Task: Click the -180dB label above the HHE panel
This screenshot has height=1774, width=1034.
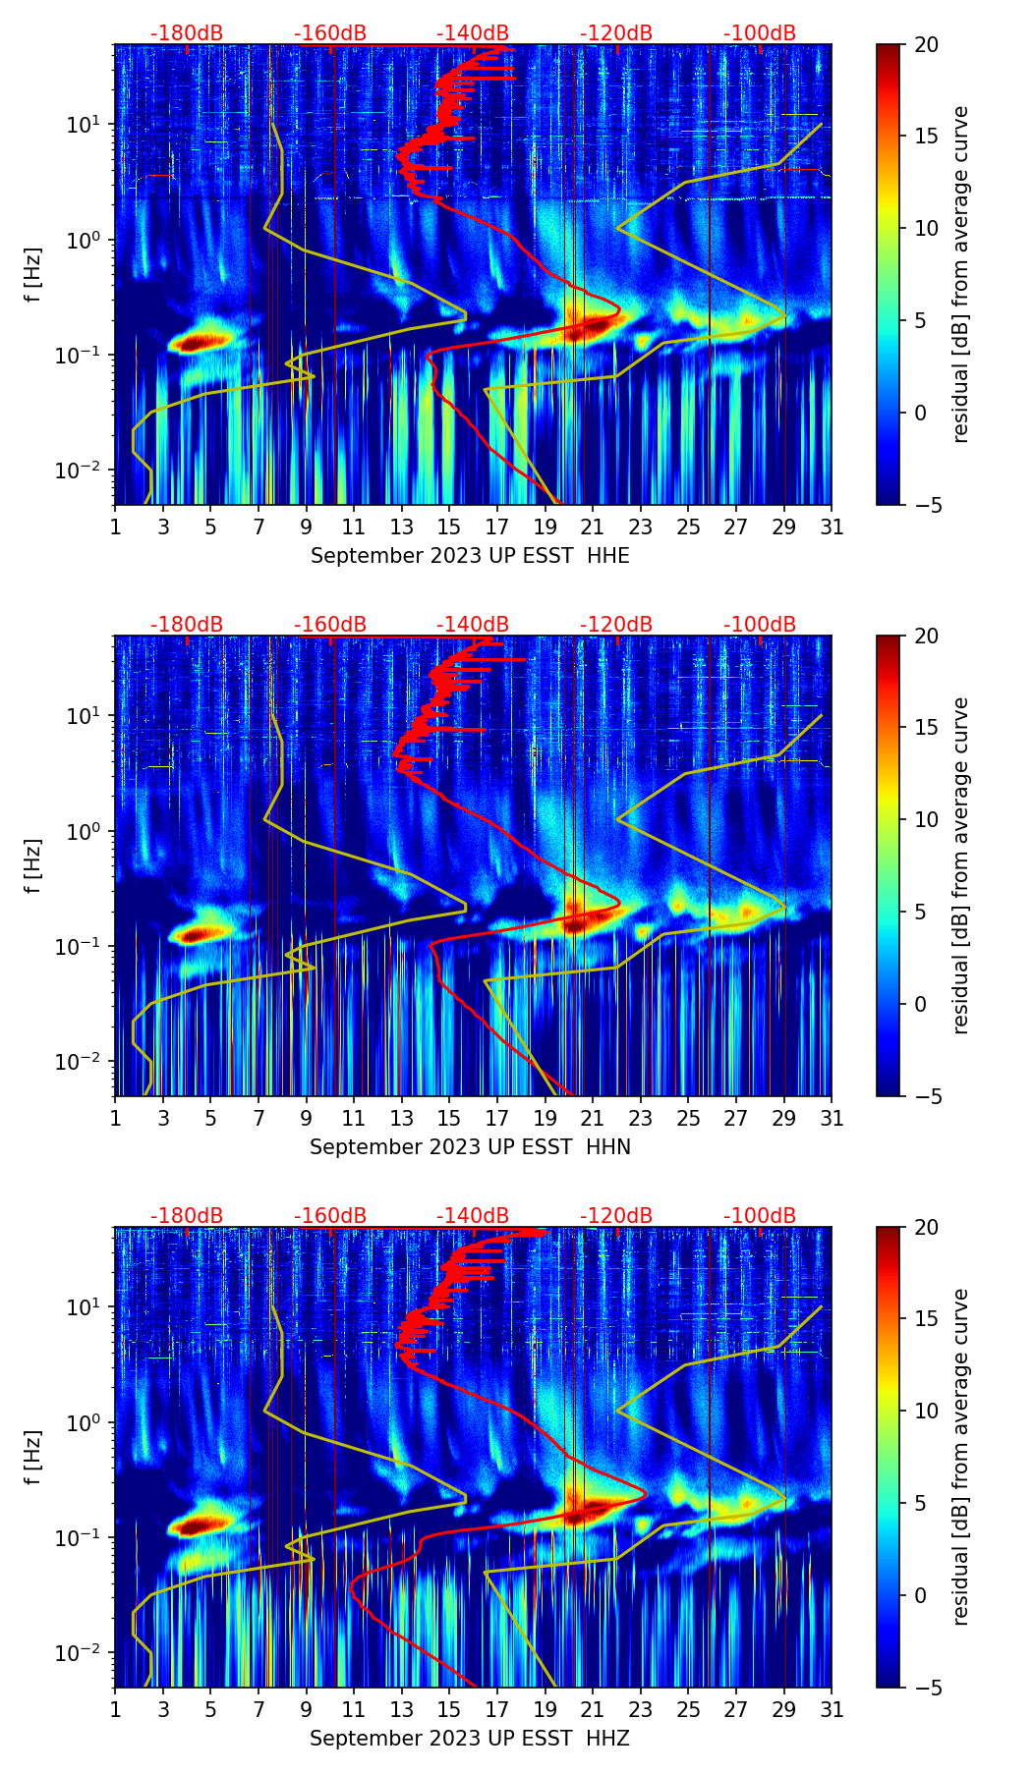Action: (187, 33)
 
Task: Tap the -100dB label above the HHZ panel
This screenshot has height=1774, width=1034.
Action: (760, 1216)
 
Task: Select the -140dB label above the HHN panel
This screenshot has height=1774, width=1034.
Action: (473, 625)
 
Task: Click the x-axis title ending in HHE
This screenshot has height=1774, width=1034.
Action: (470, 556)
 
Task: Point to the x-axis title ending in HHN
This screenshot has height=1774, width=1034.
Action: (470, 1147)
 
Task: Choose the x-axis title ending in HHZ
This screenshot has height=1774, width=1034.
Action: (470, 1739)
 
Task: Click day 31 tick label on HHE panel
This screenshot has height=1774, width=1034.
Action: (832, 527)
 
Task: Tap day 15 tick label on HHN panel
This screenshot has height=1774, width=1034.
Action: (449, 1119)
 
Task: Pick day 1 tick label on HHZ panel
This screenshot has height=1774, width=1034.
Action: (116, 1710)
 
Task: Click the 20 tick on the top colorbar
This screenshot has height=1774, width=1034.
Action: (927, 45)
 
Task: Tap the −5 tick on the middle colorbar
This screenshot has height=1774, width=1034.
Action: (927, 1096)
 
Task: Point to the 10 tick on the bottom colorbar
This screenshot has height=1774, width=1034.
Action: (927, 1412)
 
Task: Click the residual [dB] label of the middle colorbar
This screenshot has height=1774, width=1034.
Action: (961, 865)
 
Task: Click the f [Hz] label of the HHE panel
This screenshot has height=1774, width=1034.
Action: (33, 275)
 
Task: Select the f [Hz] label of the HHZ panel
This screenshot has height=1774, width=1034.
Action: (33, 1458)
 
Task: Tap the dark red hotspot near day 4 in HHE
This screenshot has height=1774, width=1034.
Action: (197, 342)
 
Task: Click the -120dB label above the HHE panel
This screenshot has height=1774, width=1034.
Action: (616, 33)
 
